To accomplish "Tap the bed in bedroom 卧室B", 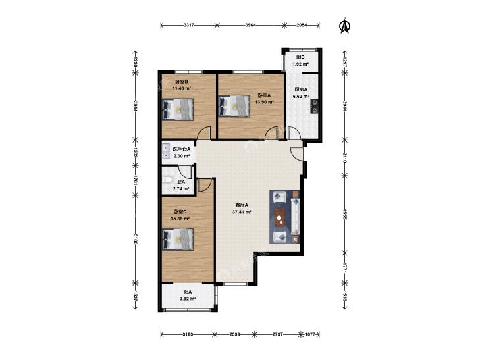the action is [178, 109].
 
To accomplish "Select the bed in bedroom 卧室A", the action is [234, 106].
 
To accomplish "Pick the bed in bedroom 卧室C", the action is [178, 239].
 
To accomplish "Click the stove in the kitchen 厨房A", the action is [314, 107].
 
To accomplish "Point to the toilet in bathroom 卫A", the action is [167, 180].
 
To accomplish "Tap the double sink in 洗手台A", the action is [165, 152].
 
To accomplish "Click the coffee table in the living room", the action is [279, 217].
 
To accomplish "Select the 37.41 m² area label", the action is [242, 212].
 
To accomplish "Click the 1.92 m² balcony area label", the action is [300, 64].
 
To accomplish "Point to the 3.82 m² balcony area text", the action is [188, 299].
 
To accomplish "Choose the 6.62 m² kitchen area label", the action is [301, 96].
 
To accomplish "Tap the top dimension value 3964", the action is [251, 26].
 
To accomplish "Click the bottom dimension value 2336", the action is [234, 334].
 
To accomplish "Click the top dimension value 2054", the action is [302, 26].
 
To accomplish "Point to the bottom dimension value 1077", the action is [310, 334].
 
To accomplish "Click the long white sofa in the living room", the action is [296, 217].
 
